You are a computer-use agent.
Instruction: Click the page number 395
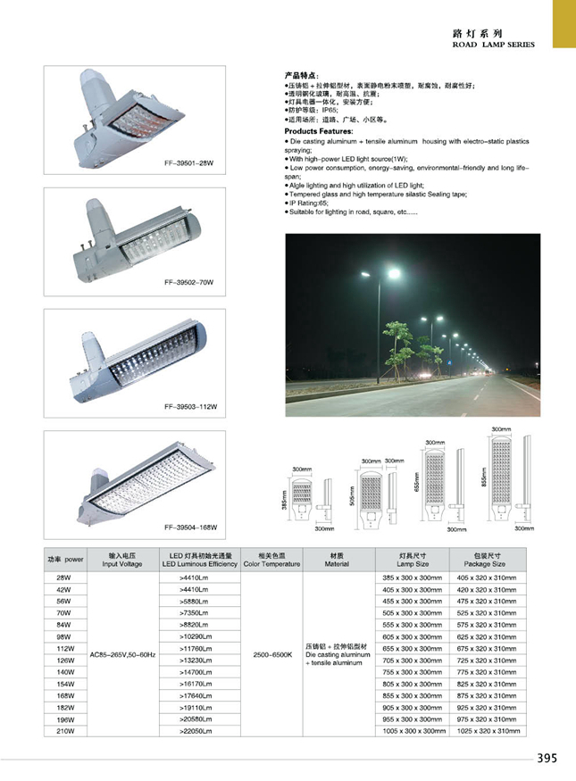coord(547,759)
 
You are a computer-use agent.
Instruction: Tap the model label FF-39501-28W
coord(191,163)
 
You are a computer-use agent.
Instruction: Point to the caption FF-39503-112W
coord(191,406)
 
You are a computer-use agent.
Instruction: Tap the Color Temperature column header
coord(271,564)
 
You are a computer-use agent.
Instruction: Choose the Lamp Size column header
coord(413,564)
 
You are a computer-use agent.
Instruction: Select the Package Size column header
coord(488,564)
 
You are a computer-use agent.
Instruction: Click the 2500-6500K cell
coord(270,654)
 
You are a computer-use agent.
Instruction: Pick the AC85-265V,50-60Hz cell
coord(123,654)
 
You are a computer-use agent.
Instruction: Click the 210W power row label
coord(63,730)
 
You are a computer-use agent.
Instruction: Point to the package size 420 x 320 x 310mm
coord(488,590)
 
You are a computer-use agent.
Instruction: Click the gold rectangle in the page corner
coord(564,24)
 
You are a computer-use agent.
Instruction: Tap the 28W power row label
coord(63,577)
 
